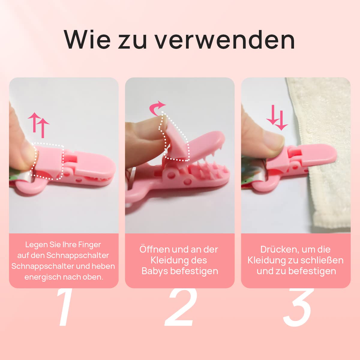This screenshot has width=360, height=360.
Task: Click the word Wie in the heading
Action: [x=87, y=40]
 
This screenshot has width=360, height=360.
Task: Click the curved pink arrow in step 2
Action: [x=157, y=108]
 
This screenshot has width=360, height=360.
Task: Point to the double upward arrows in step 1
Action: [x=39, y=125]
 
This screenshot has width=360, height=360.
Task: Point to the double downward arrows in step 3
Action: [x=277, y=118]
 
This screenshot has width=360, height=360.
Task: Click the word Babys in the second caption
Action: [x=155, y=271]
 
